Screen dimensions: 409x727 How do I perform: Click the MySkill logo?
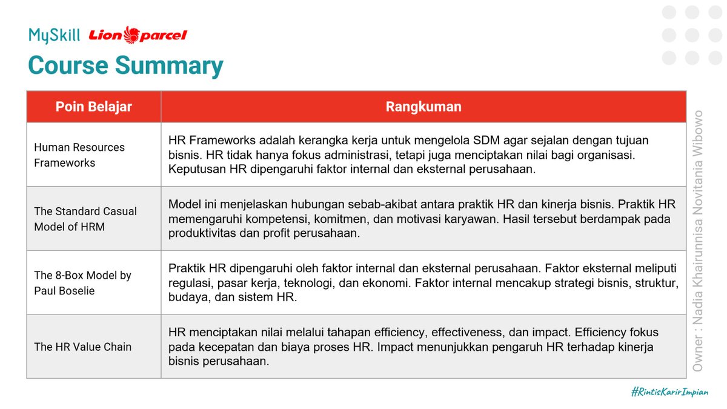[x=54, y=35]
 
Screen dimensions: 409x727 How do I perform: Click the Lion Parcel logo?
[x=138, y=35]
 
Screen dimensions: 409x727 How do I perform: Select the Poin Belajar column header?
[x=94, y=107]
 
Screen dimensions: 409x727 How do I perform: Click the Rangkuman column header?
[x=423, y=107]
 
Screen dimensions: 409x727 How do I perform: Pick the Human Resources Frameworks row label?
[x=79, y=155]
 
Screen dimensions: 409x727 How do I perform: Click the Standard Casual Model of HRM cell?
[x=85, y=219]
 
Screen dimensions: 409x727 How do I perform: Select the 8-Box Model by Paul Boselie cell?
[x=82, y=283]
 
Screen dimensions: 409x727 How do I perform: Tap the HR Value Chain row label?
[x=82, y=347]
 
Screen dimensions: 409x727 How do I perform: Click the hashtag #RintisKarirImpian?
[x=669, y=392]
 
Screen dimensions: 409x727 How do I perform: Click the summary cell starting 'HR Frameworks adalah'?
[x=423, y=155]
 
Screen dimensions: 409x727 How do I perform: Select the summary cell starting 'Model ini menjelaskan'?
[x=423, y=219]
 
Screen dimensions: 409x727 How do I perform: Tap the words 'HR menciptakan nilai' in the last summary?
[x=219, y=333]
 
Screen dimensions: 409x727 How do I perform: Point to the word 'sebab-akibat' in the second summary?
[x=387, y=205]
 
